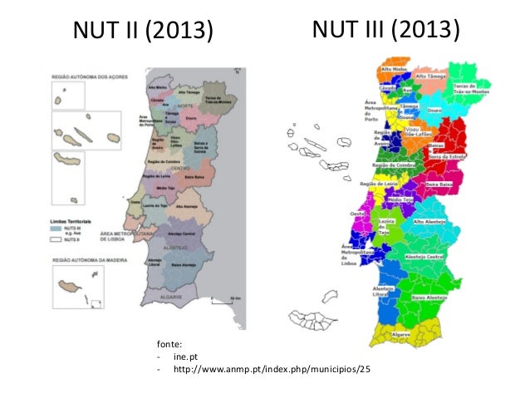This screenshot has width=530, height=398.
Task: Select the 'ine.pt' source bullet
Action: pyautogui.click(x=186, y=356)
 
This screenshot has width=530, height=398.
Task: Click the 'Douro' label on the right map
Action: pyautogui.click(x=434, y=109)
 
